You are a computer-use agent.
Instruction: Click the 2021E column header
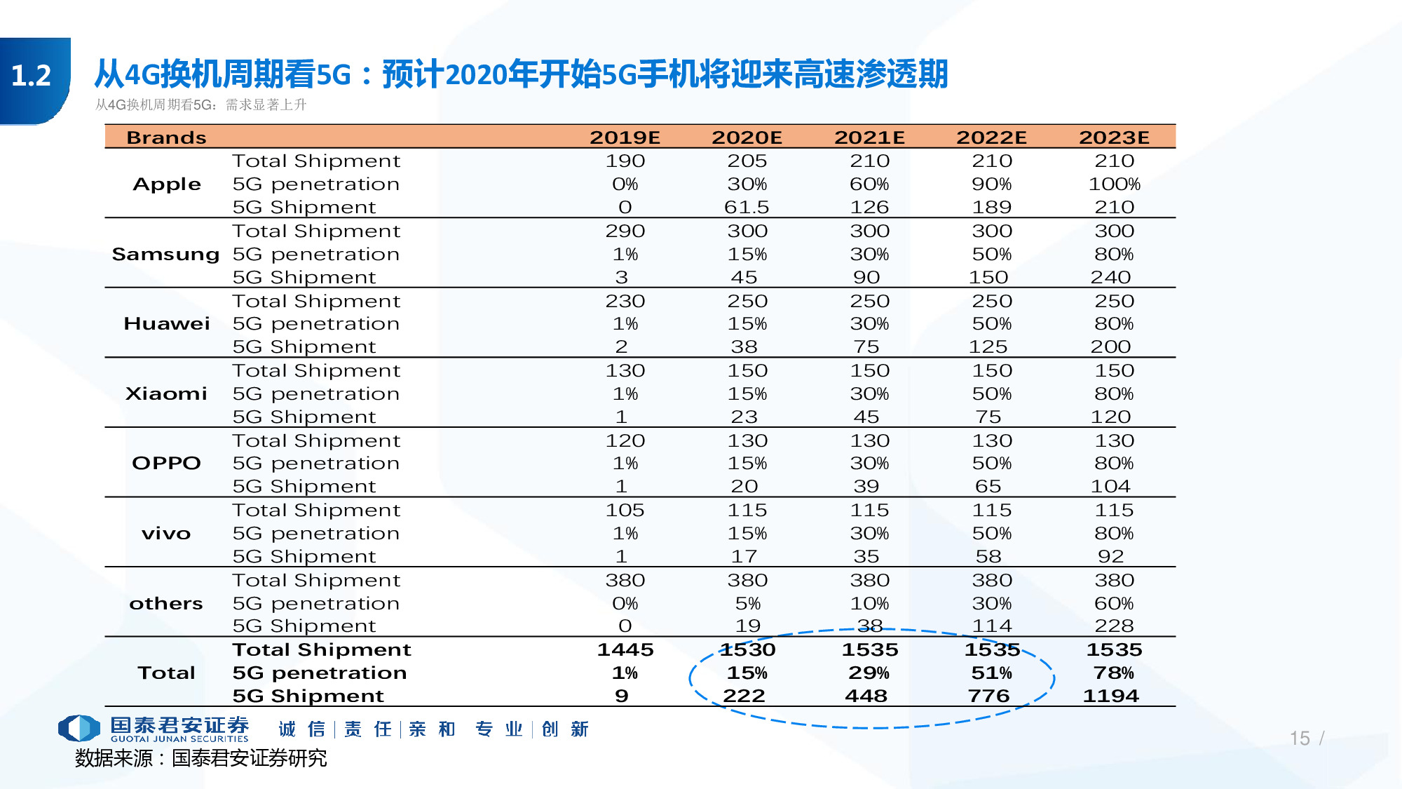point(869,137)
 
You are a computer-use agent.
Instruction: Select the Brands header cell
point(166,137)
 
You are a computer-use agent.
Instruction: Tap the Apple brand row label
point(167,184)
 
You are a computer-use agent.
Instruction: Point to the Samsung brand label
point(165,254)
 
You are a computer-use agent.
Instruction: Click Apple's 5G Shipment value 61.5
point(747,207)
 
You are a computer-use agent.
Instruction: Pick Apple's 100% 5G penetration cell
point(1114,184)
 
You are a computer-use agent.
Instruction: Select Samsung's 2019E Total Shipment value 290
point(625,231)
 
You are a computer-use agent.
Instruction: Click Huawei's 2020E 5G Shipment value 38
point(744,346)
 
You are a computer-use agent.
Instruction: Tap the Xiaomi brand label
point(166,393)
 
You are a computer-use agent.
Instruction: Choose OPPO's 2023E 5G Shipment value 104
point(1110,486)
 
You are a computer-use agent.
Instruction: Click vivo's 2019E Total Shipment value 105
point(625,510)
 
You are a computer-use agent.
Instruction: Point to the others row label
point(166,603)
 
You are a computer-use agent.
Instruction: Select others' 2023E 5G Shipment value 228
point(1114,626)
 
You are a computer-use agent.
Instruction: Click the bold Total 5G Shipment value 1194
point(1110,696)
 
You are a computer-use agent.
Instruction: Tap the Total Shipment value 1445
point(625,649)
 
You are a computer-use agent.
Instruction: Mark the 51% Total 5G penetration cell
point(991,673)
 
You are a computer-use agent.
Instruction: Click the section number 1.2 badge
point(32,76)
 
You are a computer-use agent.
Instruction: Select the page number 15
point(1300,738)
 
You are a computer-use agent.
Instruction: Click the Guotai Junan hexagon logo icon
point(79,728)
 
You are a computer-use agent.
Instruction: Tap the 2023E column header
point(1114,137)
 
